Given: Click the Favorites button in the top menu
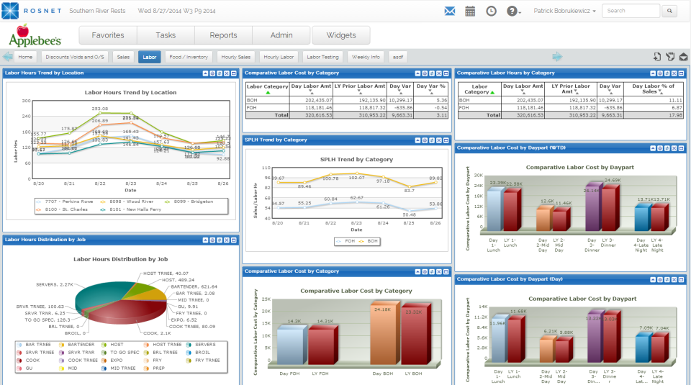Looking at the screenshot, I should click(107, 35).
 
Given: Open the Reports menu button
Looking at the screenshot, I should click(224, 35).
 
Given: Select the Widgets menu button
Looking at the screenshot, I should click(341, 35).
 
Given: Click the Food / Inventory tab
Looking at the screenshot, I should click(189, 57).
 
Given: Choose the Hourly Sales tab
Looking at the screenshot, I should click(236, 57).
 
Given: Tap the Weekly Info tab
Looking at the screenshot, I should click(366, 57).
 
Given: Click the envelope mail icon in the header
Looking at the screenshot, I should click(450, 11).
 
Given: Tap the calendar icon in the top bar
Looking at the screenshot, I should click(470, 11).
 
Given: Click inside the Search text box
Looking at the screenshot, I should click(631, 11).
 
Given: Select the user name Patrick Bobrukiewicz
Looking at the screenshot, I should click(564, 11).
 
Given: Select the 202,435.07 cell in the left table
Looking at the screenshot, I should click(311, 100).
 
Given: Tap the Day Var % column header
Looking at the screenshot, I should click(433, 87).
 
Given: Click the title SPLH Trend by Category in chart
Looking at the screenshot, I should click(347, 159).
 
